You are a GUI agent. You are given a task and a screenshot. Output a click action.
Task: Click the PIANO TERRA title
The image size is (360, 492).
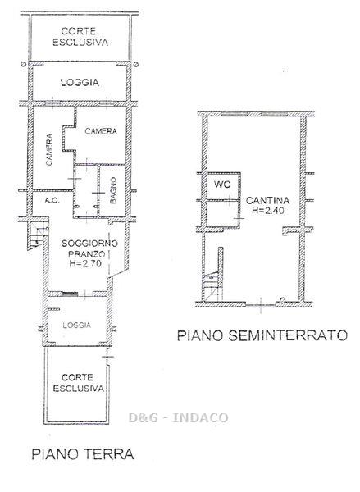pyautogui.click(x=83, y=454)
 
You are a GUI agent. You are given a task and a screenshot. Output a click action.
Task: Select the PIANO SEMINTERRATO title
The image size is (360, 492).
pyautogui.click(x=262, y=335)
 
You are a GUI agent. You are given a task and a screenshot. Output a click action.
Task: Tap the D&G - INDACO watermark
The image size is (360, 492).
pyautogui.click(x=178, y=417)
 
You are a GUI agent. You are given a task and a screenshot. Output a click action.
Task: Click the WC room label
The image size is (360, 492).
pyautogui.click(x=222, y=184)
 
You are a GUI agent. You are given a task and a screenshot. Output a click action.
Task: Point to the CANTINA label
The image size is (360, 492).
pyautogui.click(x=267, y=200)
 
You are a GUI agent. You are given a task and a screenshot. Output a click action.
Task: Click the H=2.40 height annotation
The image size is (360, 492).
pyautogui.click(x=268, y=211)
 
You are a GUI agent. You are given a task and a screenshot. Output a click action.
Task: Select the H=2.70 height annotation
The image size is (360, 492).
pyautogui.click(x=85, y=263)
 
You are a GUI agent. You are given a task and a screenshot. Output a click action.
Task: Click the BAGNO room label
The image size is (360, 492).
pyautogui.click(x=113, y=190)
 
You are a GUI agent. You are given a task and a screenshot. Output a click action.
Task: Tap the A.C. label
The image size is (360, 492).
pyautogui.click(x=52, y=201)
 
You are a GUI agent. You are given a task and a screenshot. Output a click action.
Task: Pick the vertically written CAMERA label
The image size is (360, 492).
pyautogui.click(x=49, y=150)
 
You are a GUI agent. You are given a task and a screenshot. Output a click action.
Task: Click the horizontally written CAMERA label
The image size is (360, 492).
pyautogui.click(x=101, y=131)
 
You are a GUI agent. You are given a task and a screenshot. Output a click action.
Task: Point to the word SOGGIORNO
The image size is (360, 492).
pyautogui.click(x=85, y=244)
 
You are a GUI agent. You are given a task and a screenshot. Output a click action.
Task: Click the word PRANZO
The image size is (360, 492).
pyautogui.click(x=85, y=253)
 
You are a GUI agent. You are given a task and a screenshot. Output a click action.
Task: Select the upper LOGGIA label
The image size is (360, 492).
pyautogui.click(x=80, y=83)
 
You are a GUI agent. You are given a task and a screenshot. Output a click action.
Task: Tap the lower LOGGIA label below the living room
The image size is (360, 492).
pyautogui.click(x=77, y=325)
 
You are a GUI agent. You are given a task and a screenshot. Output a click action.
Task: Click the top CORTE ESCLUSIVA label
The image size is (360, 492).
pyautogui.click(x=80, y=37)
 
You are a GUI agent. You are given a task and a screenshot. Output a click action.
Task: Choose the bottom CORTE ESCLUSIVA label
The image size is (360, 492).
pyautogui.click(x=78, y=383)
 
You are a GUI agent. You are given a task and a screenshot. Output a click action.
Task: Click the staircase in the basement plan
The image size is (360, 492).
pyautogui.click(x=212, y=286)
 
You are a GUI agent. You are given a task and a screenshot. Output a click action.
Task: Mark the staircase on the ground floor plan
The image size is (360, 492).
pyautogui.click(x=38, y=236)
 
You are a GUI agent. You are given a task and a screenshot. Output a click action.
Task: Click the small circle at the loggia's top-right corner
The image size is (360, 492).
pyautogui.click(x=135, y=65)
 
